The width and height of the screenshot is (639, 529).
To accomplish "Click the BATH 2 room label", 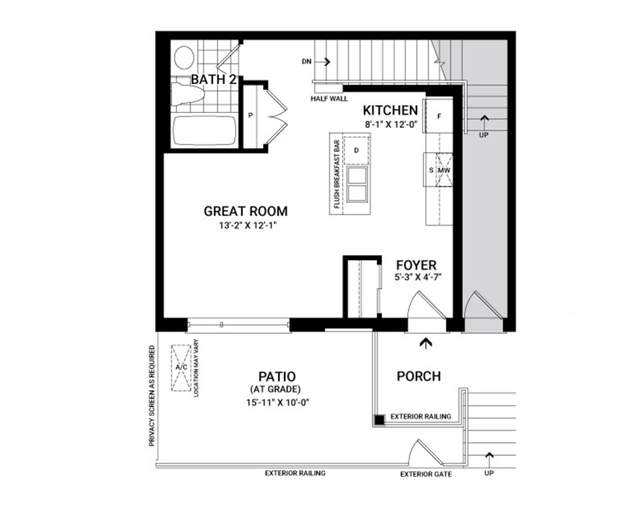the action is tap(214, 79).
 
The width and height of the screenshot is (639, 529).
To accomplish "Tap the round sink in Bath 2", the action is tap(184, 57).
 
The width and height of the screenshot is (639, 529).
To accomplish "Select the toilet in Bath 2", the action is tap(187, 94).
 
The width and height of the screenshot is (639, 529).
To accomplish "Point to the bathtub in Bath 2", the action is tap(205, 131).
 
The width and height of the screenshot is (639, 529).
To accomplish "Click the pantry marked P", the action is tap(250, 116).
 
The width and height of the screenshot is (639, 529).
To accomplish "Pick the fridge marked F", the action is tap(439, 116).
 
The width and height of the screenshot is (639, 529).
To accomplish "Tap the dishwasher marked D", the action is tap(356, 150).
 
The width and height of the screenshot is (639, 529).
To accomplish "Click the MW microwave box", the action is tap(444, 170).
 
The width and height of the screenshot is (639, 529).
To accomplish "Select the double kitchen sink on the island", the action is tap(358, 184).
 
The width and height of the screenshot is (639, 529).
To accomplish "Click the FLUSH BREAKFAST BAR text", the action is tap(337, 174).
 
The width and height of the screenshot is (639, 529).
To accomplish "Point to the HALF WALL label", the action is tap(329, 99).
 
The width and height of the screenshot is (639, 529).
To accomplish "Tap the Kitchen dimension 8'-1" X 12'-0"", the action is tap(390, 125).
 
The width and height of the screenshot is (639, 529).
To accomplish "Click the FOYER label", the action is tap(416, 265).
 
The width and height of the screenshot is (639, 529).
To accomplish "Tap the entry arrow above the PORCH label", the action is tap(426, 344).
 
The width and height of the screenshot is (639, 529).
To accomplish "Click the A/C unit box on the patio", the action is tap(181, 368).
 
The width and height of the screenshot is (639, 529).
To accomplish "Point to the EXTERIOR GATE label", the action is tap(426, 474).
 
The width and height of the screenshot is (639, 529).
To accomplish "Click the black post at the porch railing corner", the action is tap(380, 420).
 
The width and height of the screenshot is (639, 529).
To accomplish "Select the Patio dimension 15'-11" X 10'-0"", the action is tap(278, 402).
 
